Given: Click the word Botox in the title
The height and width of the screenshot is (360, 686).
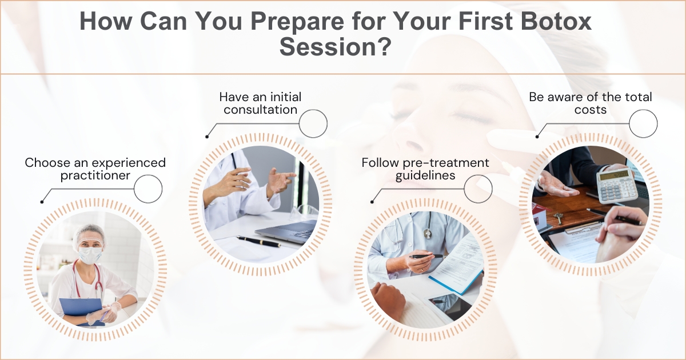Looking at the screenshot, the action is [x=556, y=22].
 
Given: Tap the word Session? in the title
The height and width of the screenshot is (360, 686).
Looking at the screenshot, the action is [x=336, y=46].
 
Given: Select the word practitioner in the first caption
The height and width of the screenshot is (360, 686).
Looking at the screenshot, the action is [x=95, y=176].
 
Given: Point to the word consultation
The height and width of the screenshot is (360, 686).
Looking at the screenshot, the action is [x=261, y=110].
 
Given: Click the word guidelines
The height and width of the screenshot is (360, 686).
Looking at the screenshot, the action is [x=425, y=176].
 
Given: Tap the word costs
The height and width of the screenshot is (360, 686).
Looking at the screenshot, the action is [x=591, y=110].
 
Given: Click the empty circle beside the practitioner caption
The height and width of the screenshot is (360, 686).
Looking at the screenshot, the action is [x=148, y=189].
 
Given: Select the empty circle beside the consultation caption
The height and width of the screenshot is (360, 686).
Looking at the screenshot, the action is [x=313, y=123].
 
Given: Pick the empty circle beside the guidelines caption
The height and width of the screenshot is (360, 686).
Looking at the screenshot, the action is [x=478, y=189].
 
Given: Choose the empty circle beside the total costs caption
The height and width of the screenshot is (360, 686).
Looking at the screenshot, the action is [x=643, y=123].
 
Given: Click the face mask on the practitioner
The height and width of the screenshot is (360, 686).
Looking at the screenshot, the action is [x=89, y=255].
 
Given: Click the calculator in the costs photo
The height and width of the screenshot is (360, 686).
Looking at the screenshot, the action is [x=617, y=185].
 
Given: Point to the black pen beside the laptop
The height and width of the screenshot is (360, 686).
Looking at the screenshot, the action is [x=259, y=242].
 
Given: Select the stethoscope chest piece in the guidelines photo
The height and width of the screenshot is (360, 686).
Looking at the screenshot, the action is [x=428, y=234].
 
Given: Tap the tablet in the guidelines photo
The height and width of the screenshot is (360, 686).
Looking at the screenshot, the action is [x=449, y=306].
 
